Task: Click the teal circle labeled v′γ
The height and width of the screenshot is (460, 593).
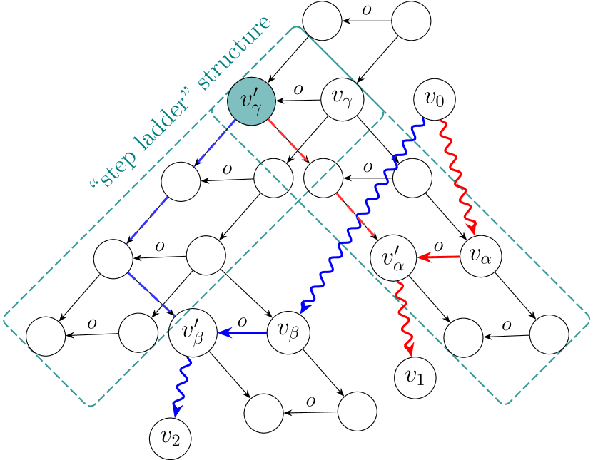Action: pos(251,101)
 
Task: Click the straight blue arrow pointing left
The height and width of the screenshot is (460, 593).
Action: pos(243,332)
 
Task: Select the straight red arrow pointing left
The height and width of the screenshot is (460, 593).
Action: pos(439,257)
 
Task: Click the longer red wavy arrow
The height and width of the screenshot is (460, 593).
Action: pos(457,175)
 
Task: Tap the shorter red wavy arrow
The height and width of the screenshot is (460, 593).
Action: pos(404,317)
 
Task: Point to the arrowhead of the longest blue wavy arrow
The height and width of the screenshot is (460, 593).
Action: pos(304,308)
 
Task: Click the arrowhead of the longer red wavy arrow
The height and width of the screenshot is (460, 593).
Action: pos(472,230)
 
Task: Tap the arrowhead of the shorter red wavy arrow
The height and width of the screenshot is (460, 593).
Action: pos(410,350)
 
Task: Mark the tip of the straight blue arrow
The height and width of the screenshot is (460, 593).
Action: pos(220,332)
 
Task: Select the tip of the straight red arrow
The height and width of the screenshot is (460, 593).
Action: pos(419,257)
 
